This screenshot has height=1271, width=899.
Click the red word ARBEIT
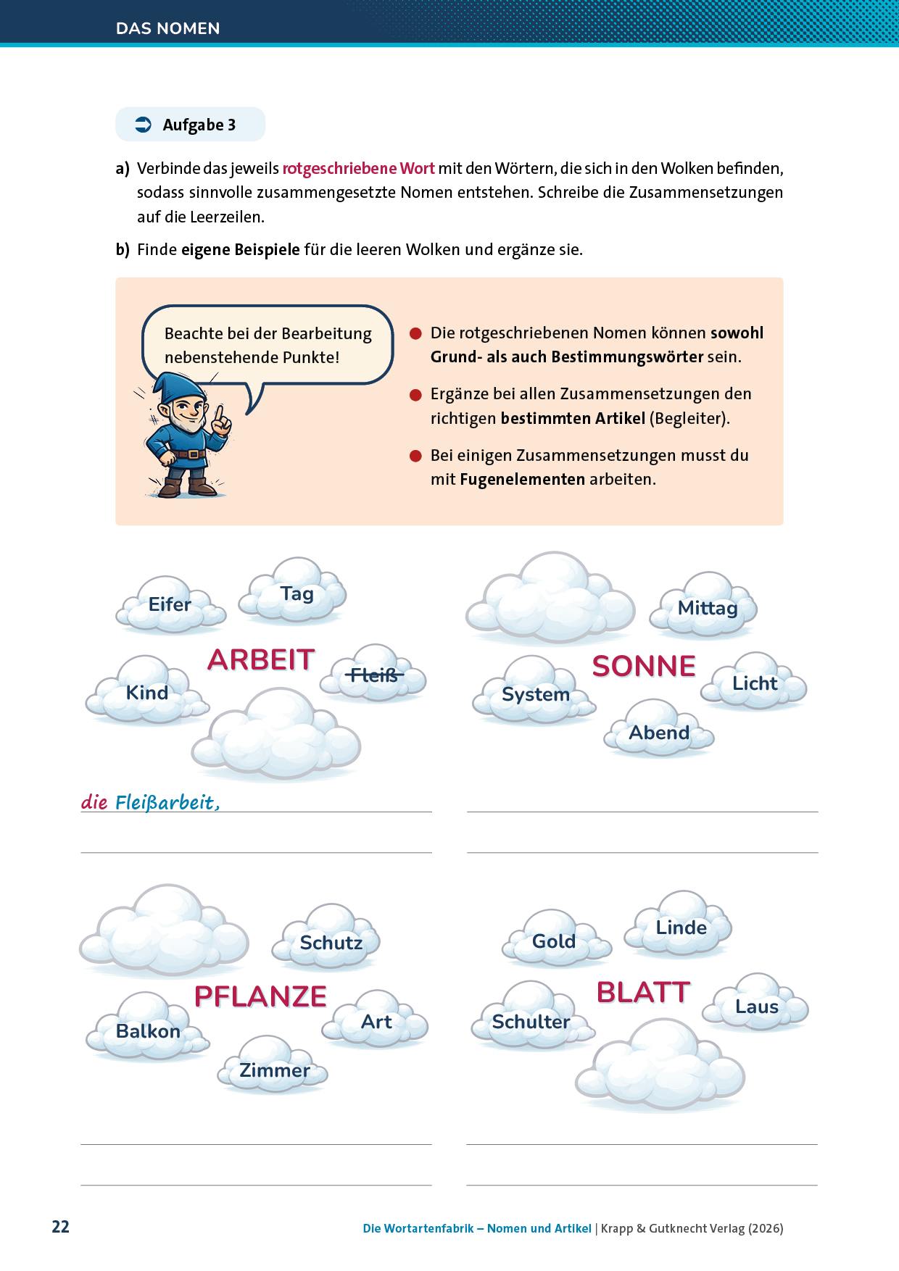click(x=261, y=659)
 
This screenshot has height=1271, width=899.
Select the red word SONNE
click(x=644, y=666)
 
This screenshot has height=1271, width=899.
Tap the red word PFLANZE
click(x=261, y=996)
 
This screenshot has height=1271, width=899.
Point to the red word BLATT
click(x=643, y=992)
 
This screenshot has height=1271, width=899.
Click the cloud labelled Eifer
click(x=170, y=604)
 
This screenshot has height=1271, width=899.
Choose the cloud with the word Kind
click(x=147, y=693)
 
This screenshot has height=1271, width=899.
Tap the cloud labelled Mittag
click(x=707, y=608)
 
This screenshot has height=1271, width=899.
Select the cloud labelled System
click(x=535, y=694)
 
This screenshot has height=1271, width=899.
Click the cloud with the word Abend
click(x=659, y=733)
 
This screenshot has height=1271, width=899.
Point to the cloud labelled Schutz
click(x=331, y=943)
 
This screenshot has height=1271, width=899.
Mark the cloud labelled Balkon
click(x=148, y=1030)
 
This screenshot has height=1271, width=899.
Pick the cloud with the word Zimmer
click(x=275, y=1070)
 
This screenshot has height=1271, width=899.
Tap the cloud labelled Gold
click(x=554, y=941)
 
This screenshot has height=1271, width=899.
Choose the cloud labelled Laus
click(x=757, y=1007)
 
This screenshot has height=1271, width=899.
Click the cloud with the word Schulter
click(x=531, y=1022)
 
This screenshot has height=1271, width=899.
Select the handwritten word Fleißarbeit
click(x=167, y=803)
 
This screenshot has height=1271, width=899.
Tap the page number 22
click(x=60, y=1228)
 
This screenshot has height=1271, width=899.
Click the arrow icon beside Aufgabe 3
click(x=143, y=125)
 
